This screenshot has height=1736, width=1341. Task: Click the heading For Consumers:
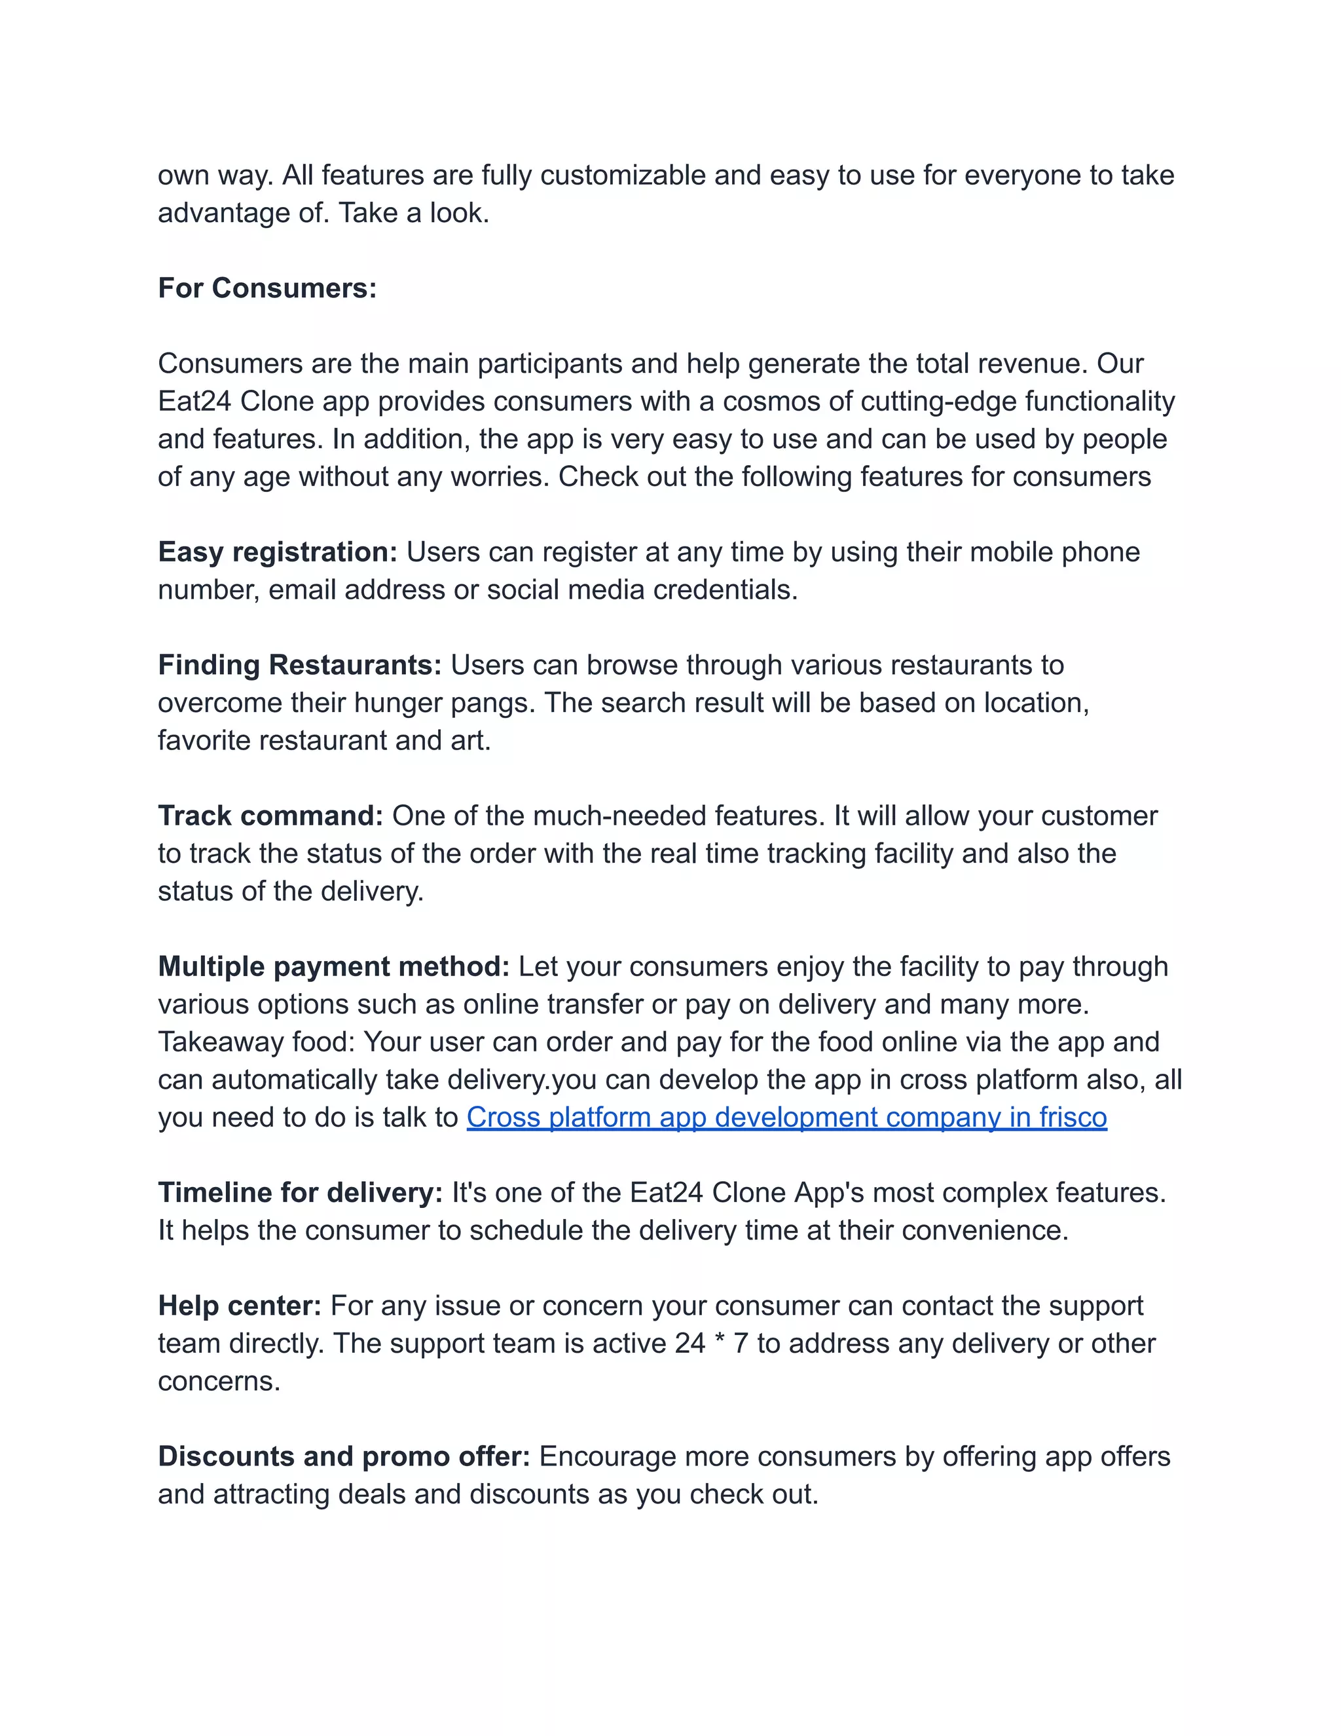point(267,288)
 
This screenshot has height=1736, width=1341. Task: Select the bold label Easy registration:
point(277,552)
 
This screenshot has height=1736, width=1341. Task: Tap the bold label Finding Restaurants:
point(299,664)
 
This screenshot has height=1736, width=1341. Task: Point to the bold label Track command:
point(270,816)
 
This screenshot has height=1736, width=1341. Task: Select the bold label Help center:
point(239,1305)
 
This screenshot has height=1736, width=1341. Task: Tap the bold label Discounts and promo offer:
point(344,1456)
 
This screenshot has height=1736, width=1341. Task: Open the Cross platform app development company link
point(786,1117)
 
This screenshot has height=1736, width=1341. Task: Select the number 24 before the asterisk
point(690,1344)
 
